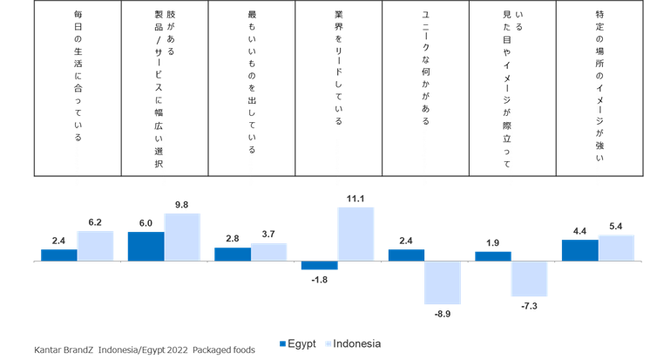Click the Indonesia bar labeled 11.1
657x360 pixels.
(x=356, y=234)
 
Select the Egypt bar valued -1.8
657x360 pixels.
(x=319, y=265)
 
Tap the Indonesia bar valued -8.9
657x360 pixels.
(x=443, y=282)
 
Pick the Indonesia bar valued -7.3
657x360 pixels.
(x=529, y=279)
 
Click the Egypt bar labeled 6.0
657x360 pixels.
(x=146, y=247)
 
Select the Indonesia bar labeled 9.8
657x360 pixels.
(x=182, y=237)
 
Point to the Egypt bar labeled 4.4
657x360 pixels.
(x=580, y=250)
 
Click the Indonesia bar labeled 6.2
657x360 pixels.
(x=95, y=246)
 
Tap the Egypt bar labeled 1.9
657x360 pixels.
(x=493, y=256)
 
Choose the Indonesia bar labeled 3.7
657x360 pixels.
(x=268, y=252)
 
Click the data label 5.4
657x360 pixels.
(x=615, y=227)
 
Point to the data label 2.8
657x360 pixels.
(x=233, y=239)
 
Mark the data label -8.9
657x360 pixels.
(x=443, y=314)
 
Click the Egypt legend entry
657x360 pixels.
(x=297, y=343)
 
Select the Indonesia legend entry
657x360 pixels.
(x=353, y=343)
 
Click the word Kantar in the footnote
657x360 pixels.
(x=47, y=350)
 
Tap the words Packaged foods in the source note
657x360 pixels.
(x=224, y=350)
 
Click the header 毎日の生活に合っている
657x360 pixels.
(x=78, y=76)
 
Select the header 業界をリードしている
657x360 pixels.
(x=339, y=68)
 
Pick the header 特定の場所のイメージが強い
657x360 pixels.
(x=599, y=86)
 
